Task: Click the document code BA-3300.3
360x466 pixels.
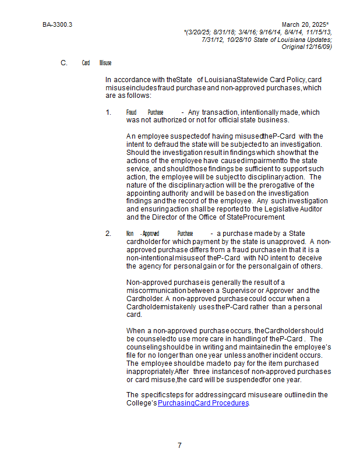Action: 57,24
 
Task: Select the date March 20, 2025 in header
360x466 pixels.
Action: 303,24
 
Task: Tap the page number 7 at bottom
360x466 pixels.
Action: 179,446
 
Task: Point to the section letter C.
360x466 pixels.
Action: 63,62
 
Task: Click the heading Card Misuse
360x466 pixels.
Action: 97,63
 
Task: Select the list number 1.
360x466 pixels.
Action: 108,112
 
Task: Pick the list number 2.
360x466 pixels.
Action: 108,234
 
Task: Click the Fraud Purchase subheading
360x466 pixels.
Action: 144,112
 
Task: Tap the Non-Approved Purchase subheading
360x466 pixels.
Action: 160,234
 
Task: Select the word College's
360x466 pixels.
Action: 142,403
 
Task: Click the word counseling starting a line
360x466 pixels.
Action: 146,347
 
